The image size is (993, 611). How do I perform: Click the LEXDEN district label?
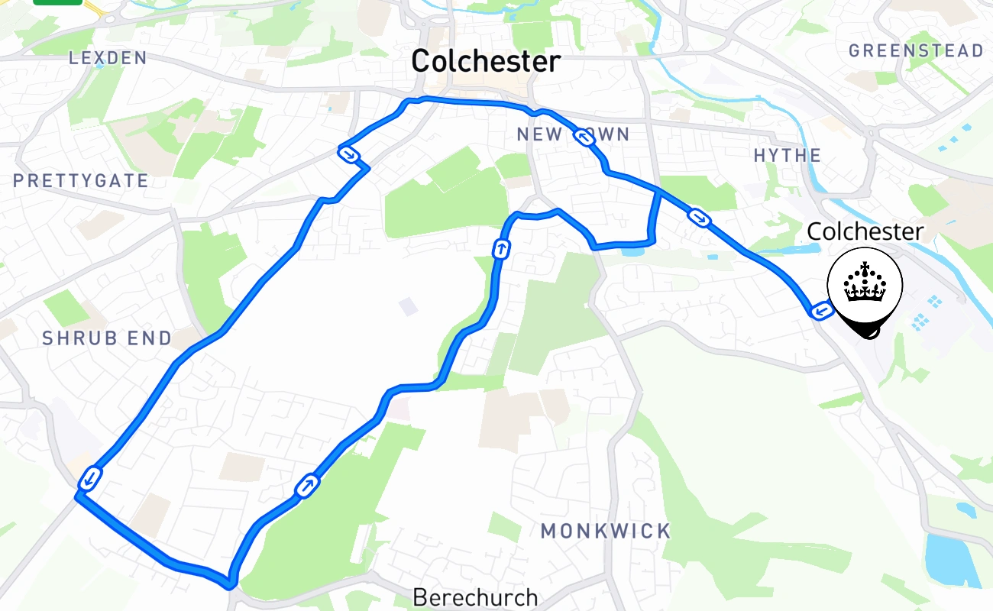[107, 57]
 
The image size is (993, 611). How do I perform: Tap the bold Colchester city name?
[486, 61]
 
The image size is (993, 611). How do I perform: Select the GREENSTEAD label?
[916, 51]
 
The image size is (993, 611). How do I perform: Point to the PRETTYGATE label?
[80, 181]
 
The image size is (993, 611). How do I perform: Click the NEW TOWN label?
[573, 135]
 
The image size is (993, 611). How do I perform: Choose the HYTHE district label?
[788, 156]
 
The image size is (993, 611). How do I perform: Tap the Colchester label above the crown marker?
[865, 231]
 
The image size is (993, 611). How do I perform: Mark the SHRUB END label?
[107, 338]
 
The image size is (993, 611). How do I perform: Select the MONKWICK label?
[606, 531]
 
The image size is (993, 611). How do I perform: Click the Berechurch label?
[475, 597]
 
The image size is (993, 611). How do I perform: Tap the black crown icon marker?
[865, 287]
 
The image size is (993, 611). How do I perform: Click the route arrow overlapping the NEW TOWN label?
[584, 137]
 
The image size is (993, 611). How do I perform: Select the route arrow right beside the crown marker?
[822, 311]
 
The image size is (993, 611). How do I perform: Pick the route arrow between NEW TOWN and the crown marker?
[699, 218]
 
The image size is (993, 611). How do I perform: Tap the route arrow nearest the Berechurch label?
[308, 485]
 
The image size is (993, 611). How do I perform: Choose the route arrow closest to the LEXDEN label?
[348, 154]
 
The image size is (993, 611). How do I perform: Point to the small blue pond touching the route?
[632, 251]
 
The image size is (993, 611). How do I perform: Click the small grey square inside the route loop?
[408, 307]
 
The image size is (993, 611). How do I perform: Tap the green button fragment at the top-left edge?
[57, 2]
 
